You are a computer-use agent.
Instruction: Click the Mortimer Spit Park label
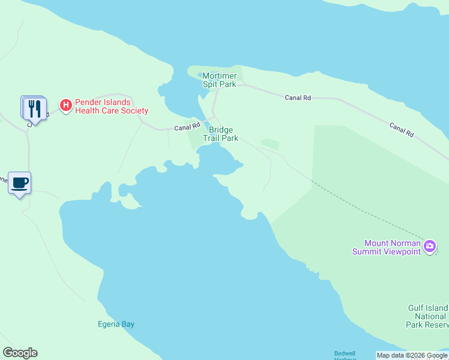click(219, 80)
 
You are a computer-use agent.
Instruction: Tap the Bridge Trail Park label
click(220, 134)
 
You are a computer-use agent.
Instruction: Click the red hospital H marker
click(66, 106)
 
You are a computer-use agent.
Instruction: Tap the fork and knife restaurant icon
click(35, 109)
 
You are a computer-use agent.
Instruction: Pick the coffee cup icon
click(19, 182)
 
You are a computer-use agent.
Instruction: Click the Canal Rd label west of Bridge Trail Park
click(187, 127)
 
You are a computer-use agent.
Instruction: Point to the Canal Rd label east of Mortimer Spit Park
click(298, 97)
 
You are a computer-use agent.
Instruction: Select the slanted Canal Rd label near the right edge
click(401, 130)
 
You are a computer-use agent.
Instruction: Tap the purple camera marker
click(430, 246)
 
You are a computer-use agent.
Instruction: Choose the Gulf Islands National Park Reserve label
click(427, 316)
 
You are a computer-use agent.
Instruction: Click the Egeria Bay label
click(116, 324)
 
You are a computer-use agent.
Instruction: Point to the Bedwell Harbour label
click(345, 355)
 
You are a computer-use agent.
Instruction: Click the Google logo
click(20, 353)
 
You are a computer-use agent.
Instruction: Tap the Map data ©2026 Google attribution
click(412, 355)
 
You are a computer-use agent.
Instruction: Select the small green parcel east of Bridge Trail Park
click(270, 143)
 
